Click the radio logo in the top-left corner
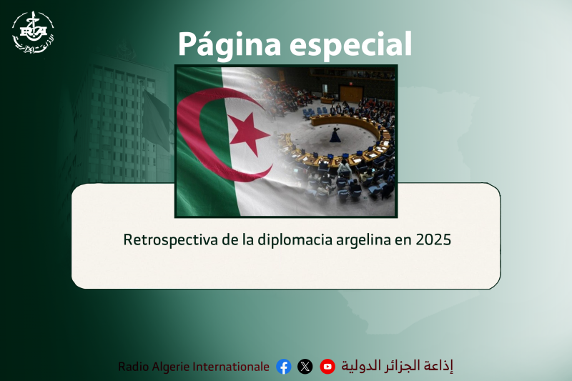pyautogui.click(x=32, y=32)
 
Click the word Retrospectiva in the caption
pyautogui.click(x=170, y=239)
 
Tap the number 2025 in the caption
pyautogui.click(x=433, y=239)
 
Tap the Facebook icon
pyautogui.click(x=284, y=367)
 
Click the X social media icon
pyautogui.click(x=305, y=367)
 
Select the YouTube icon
pyautogui.click(x=327, y=367)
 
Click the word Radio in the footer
pyautogui.click(x=134, y=367)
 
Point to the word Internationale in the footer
pyautogui.click(x=230, y=367)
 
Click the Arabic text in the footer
pyautogui.click(x=397, y=366)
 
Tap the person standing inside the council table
pyautogui.click(x=335, y=134)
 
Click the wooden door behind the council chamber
pyautogui.click(x=350, y=93)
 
